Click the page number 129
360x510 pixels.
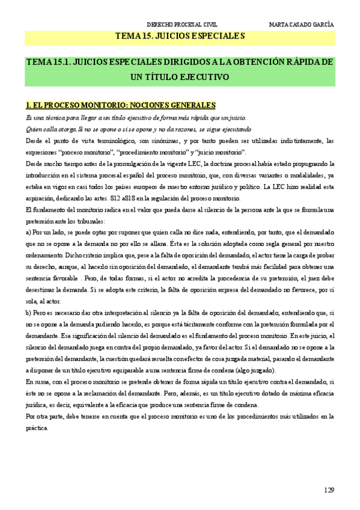tap(328, 490)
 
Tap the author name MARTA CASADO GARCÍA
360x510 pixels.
tap(302, 25)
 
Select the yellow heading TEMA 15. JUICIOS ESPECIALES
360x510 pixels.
tap(180, 37)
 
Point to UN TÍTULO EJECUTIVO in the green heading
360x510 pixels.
tap(180, 77)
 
